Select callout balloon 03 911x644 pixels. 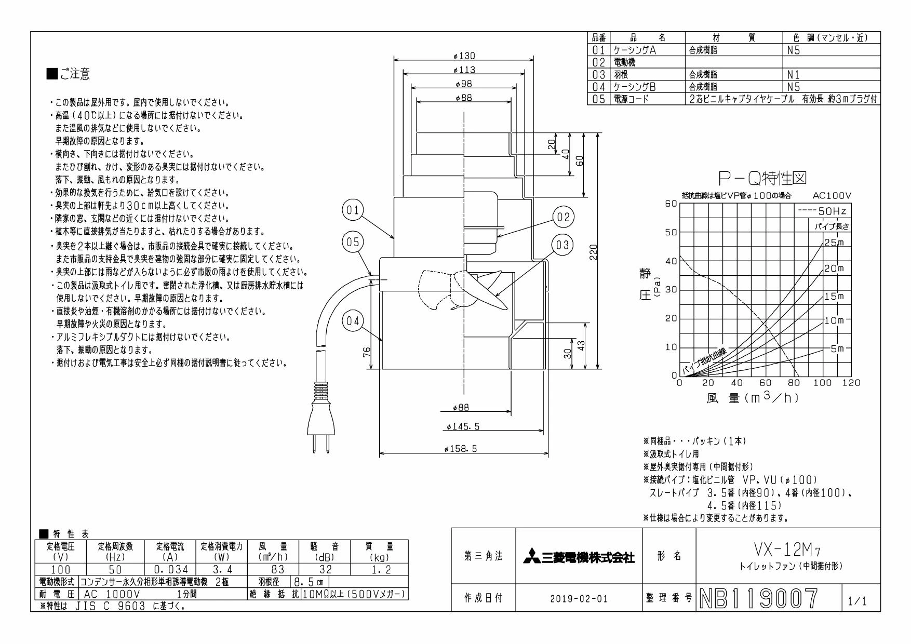564,245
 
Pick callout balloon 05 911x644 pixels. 353,242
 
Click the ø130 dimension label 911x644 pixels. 464,56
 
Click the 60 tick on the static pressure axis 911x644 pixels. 671,203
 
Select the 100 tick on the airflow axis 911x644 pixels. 823,383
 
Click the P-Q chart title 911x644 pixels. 763,179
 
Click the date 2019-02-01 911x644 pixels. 579,599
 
